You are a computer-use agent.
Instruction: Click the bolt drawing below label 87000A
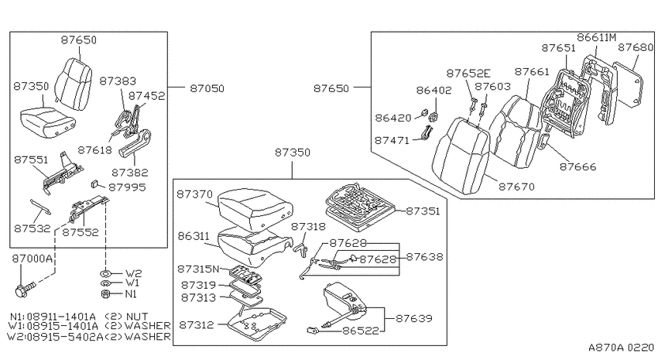[26, 289]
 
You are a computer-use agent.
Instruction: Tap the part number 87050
[207, 88]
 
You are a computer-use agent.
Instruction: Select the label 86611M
[596, 37]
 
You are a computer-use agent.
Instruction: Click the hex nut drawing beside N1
[106, 294]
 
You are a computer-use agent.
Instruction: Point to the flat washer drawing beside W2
[105, 273]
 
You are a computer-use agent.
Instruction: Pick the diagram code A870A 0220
[621, 348]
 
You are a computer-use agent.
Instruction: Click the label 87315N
[198, 269]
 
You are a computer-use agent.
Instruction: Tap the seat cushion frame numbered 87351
[360, 207]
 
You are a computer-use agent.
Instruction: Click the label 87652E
[468, 74]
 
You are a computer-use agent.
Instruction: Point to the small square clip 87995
[94, 183]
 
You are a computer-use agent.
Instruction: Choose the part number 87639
[414, 318]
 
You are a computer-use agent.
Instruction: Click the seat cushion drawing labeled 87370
[255, 209]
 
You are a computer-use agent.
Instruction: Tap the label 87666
[577, 166]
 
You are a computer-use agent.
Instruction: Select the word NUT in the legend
[137, 317]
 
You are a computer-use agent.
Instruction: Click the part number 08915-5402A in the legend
[64, 337]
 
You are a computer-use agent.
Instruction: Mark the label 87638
[424, 256]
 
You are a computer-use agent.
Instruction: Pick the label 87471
[392, 140]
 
